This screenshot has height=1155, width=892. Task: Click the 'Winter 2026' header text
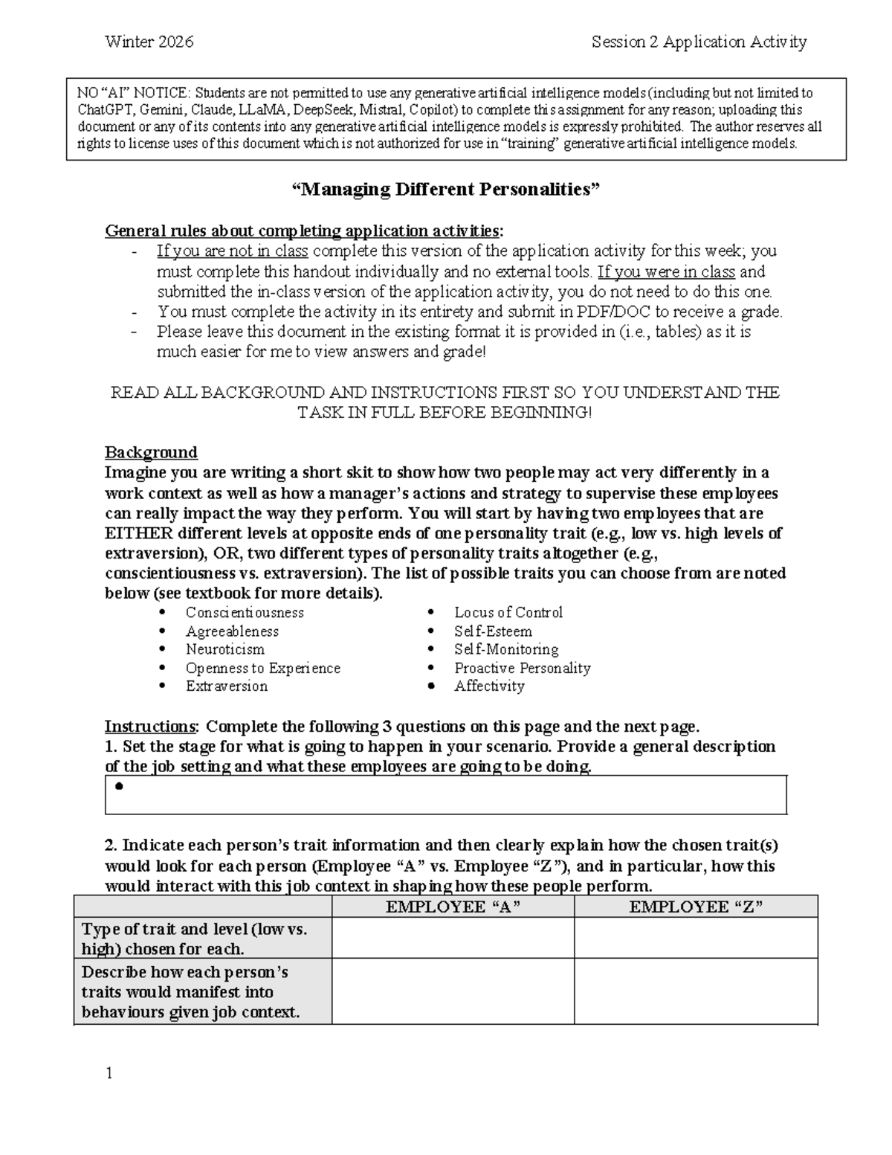[x=149, y=42]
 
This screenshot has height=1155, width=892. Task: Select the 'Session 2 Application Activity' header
[x=699, y=42]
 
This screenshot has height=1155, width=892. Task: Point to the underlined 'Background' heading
[x=151, y=452]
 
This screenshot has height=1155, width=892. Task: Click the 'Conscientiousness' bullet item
[x=245, y=612]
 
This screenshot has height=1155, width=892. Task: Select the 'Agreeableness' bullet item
[x=232, y=631]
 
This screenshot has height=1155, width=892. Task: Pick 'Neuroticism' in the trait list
[x=224, y=649]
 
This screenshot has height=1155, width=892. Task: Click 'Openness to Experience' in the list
[x=262, y=668]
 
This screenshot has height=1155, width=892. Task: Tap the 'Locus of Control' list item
[x=508, y=612]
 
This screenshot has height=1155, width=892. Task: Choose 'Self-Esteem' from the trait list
[x=493, y=631]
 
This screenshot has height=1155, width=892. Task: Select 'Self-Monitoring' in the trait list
[x=506, y=649]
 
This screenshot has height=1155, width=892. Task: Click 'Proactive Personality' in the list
[x=522, y=668]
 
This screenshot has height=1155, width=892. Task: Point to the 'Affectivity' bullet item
[x=489, y=686]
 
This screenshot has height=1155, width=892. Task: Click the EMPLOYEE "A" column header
[x=453, y=907]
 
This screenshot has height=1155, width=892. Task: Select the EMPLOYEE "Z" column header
[x=696, y=907]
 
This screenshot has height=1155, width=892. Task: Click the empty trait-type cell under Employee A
[x=453, y=938]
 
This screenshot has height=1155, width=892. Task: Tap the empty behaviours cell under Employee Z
[x=696, y=991]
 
